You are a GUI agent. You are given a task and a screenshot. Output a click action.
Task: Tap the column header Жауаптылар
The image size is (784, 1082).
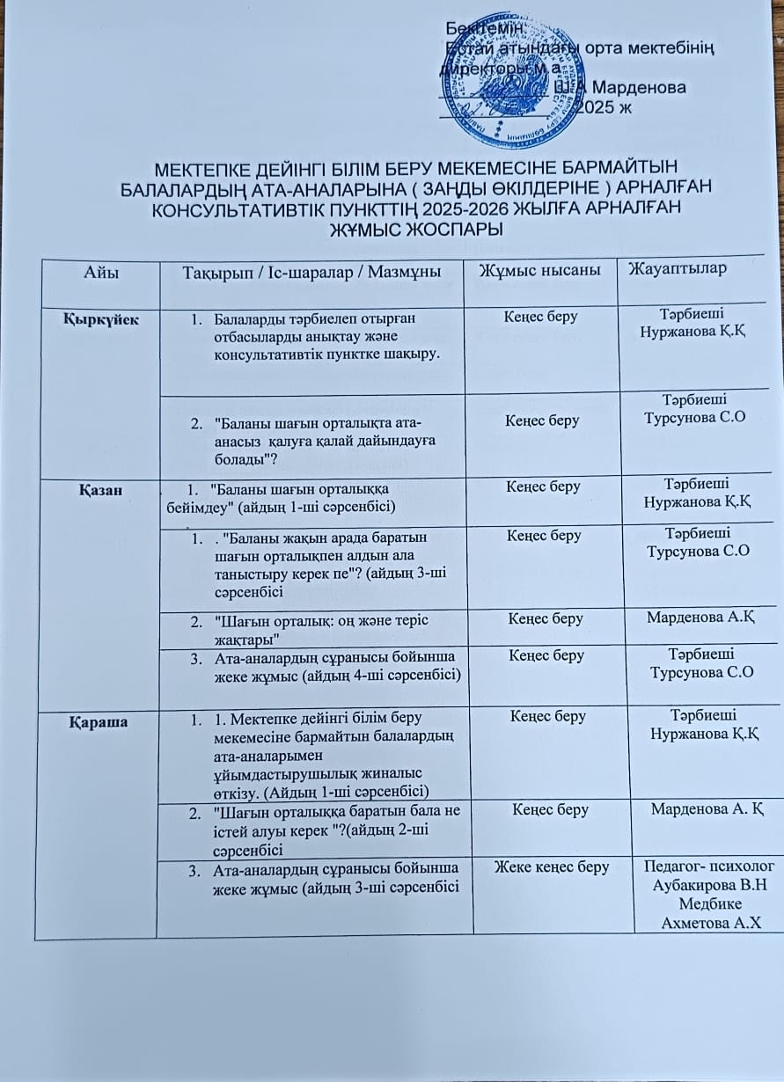677,268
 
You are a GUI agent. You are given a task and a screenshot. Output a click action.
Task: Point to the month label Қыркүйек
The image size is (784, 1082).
101,318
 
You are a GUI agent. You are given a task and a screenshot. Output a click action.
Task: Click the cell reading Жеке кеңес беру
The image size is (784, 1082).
553,867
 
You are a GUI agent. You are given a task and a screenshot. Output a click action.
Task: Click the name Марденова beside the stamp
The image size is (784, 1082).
639,87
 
